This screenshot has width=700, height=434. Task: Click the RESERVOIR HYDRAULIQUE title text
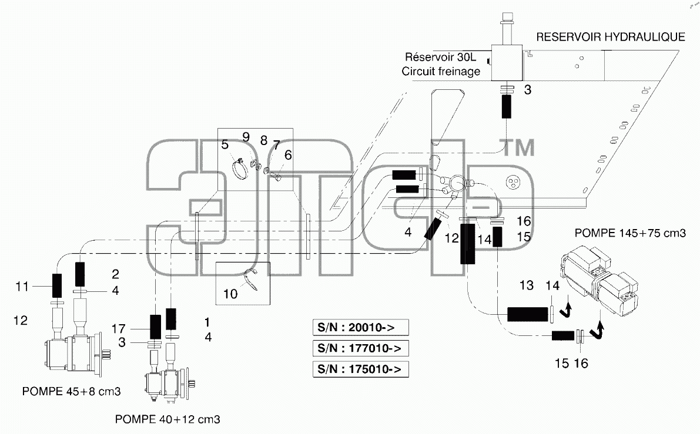click(610, 37)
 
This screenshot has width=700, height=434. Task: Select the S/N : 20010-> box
click(361, 327)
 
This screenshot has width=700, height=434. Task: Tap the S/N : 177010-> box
click(361, 348)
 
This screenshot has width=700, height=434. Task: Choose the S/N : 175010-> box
click(361, 369)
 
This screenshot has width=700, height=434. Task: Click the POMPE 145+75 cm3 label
click(630, 233)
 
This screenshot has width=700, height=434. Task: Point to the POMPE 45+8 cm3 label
click(72, 392)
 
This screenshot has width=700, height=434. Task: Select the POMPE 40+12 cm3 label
click(168, 419)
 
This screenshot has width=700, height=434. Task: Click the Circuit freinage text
click(441, 72)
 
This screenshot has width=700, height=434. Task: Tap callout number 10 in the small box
click(230, 294)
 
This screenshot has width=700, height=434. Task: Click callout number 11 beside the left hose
click(22, 287)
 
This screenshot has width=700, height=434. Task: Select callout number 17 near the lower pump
click(118, 329)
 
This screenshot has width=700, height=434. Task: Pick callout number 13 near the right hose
click(527, 285)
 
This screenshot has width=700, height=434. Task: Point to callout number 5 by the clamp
click(225, 144)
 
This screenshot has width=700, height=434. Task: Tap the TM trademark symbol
click(519, 147)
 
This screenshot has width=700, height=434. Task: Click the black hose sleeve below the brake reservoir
click(506, 107)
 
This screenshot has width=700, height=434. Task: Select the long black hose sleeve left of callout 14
click(467, 244)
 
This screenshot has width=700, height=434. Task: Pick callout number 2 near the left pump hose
click(115, 274)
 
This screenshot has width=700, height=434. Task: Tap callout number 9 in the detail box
click(246, 137)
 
